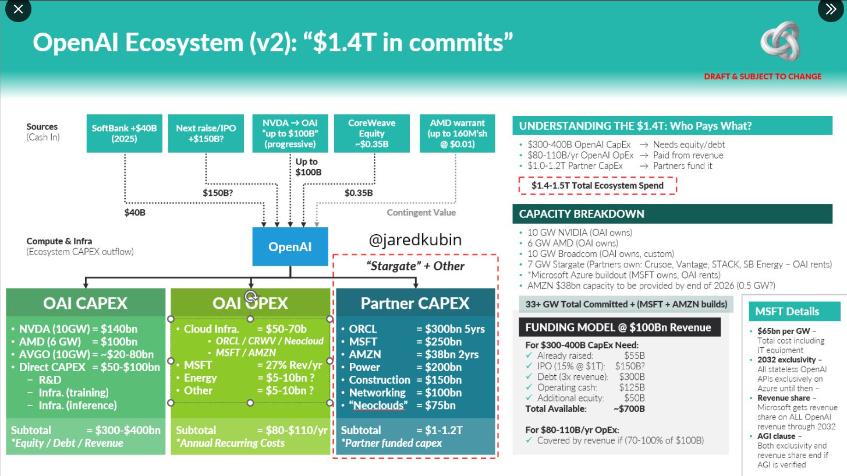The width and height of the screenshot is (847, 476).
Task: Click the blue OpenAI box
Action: [290, 246]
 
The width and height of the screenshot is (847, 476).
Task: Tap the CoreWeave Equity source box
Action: [371, 133]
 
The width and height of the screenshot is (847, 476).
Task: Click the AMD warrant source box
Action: [457, 133]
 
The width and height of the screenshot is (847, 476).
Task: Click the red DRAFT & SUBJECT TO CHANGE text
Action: [763, 76]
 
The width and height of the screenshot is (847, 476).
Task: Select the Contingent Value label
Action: [421, 213]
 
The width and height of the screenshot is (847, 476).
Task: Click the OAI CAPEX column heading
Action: [85, 303]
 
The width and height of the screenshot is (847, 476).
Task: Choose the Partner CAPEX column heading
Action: [415, 303]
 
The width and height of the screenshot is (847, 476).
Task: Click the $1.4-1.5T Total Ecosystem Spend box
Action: [597, 186]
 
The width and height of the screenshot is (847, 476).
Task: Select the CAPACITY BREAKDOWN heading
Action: [582, 214]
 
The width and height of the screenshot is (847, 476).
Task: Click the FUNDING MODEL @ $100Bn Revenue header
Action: [618, 327]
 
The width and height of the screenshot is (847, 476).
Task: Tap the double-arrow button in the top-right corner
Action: [828, 10]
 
